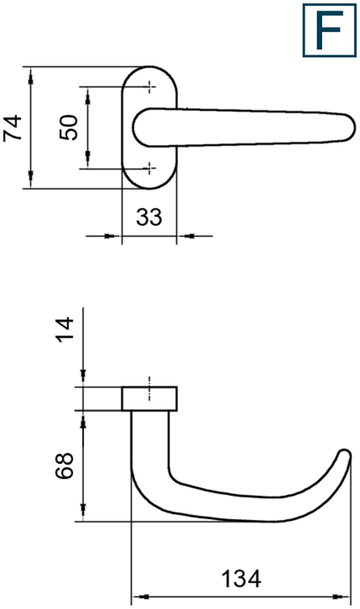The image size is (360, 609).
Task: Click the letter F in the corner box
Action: [x=329, y=30]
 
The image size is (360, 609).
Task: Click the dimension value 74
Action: [x=14, y=128]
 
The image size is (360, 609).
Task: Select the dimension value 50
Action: [x=70, y=127]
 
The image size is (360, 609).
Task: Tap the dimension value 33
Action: [x=149, y=217]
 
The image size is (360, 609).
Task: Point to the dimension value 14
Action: [x=64, y=329]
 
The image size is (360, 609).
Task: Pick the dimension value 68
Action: [x=64, y=466]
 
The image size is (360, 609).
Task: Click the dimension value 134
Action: [x=241, y=579]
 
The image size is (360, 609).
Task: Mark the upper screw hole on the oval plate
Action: [x=149, y=86]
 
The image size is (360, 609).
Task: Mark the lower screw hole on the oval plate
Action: [x=149, y=167]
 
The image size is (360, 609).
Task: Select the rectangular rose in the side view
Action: [x=149, y=399]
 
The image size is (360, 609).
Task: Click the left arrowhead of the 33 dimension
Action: [x=112, y=236]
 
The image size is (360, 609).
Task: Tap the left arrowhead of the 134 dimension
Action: [x=140, y=597]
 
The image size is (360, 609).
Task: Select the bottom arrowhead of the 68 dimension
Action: [x=83, y=512]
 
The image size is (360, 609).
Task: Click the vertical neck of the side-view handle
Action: [x=149, y=446]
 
